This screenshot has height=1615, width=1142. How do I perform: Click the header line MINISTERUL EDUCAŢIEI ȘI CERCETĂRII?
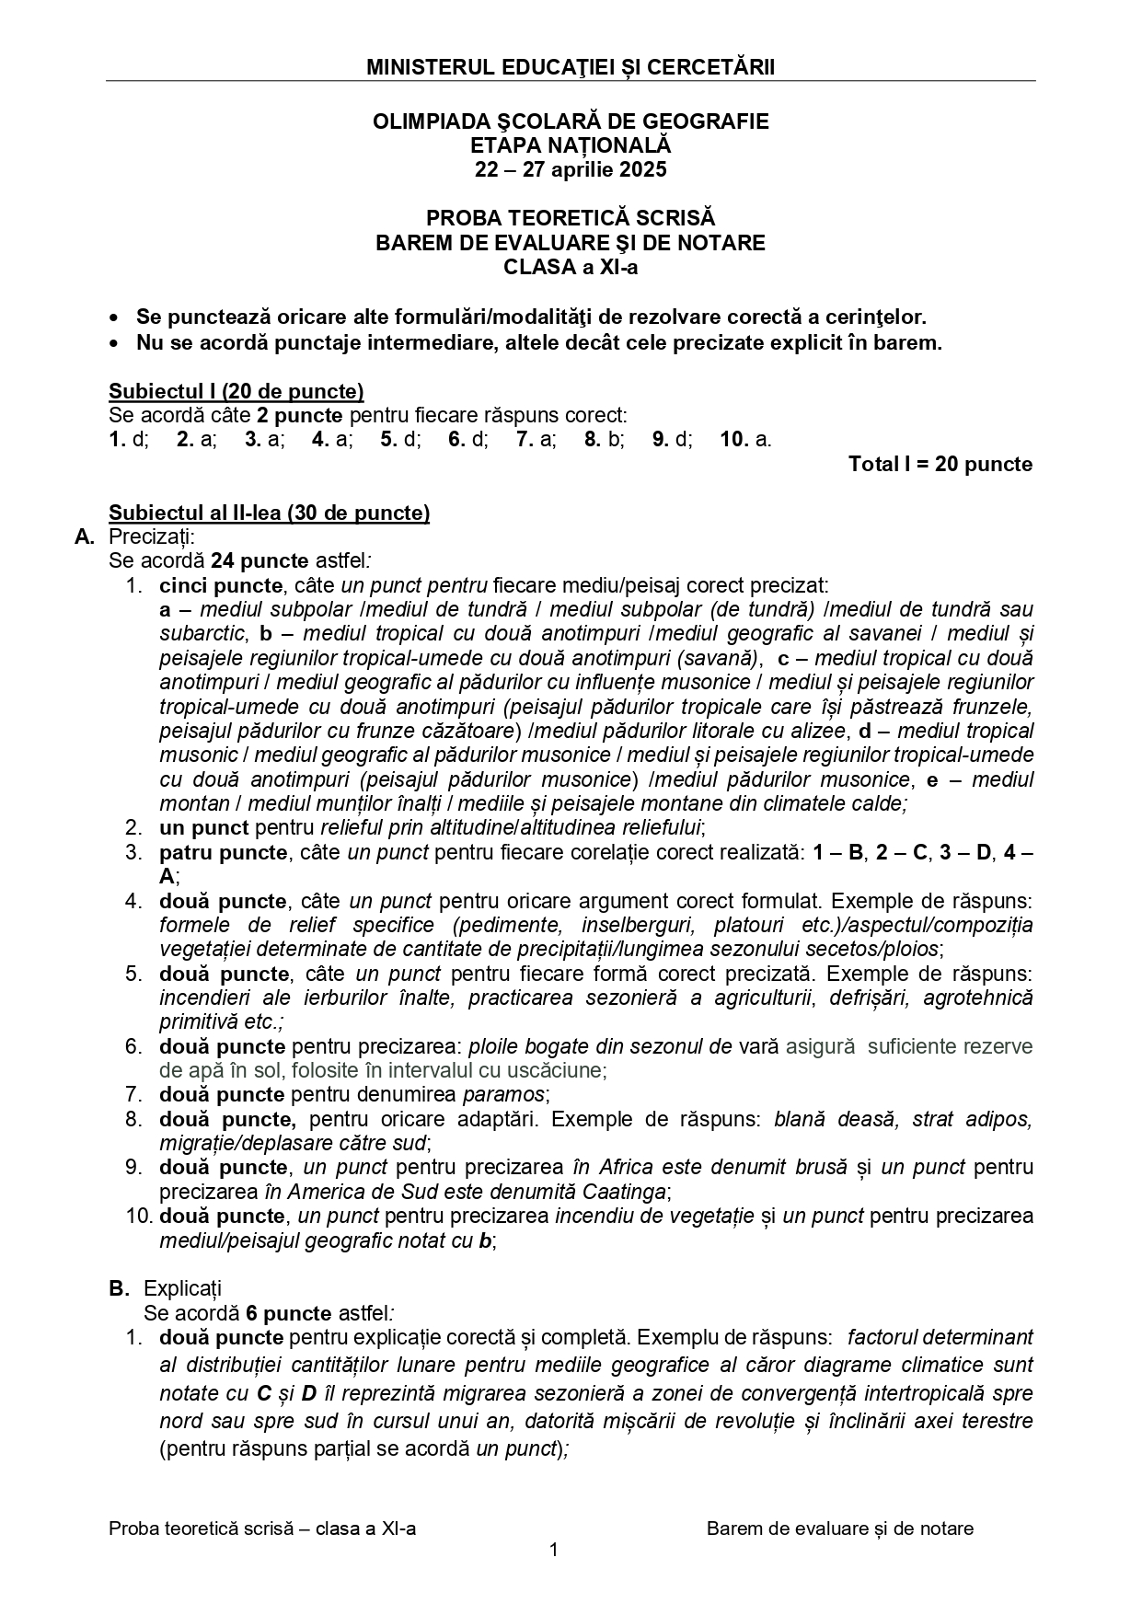[x=571, y=67]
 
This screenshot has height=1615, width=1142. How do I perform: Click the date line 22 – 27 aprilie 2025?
[x=571, y=169]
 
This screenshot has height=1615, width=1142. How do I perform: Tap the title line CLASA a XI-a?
[x=571, y=268]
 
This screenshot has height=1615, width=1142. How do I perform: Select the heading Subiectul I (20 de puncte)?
[x=236, y=391]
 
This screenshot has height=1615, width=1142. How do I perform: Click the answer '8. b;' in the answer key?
[x=604, y=439]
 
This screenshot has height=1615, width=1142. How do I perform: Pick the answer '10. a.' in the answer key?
[x=745, y=439]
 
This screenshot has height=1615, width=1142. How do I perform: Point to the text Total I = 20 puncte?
[x=940, y=464]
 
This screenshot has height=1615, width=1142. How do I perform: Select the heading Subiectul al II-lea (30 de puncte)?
[x=269, y=513]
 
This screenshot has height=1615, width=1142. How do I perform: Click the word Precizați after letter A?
[x=152, y=536]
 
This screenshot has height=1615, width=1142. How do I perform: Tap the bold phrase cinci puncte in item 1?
[x=221, y=585]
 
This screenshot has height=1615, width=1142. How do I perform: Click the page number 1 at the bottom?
[x=554, y=1550]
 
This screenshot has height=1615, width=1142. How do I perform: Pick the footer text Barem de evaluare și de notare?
[x=839, y=1528]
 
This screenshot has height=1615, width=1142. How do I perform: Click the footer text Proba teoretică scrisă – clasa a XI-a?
[x=262, y=1528]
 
